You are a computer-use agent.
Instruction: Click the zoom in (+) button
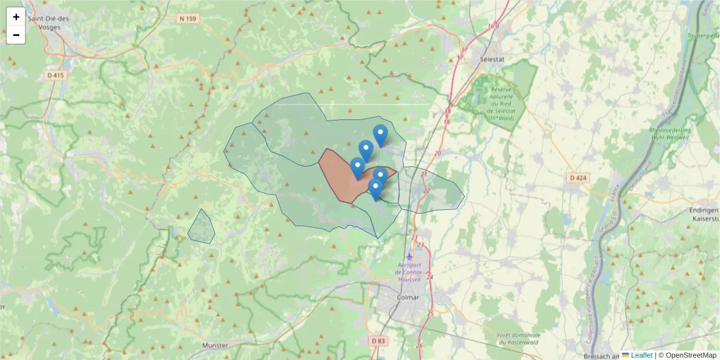(x=16, y=17)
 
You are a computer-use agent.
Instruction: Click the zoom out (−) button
(x=16, y=35)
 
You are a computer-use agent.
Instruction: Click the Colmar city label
(x=408, y=297)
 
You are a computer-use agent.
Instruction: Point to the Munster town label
(x=215, y=346)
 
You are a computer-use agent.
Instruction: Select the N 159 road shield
(x=188, y=19)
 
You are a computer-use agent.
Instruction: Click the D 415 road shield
(x=55, y=75)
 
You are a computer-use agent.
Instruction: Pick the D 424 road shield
(x=578, y=178)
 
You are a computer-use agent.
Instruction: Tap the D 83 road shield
(x=378, y=341)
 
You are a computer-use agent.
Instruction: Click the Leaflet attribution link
(x=641, y=355)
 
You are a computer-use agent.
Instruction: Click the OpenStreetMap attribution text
(x=688, y=355)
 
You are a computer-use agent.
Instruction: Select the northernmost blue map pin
(x=380, y=134)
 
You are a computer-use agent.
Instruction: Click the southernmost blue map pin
(x=376, y=188)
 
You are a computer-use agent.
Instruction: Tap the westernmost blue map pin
(x=358, y=167)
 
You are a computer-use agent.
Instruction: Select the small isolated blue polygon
(x=202, y=228)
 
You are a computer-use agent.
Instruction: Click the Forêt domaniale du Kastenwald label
(x=519, y=339)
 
